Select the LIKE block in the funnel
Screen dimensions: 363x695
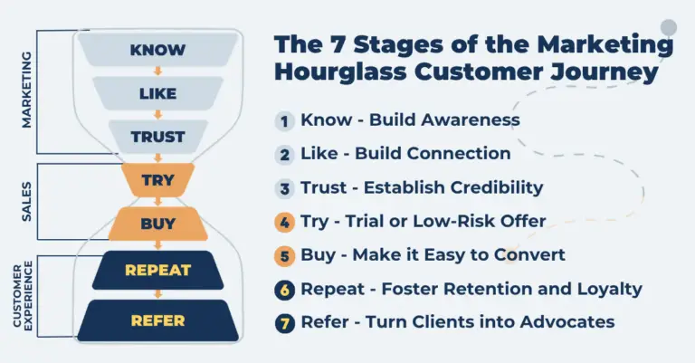[157, 92]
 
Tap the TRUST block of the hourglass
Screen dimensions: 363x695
[157, 137]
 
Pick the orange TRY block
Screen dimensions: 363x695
[157, 180]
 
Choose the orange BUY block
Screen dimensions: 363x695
[157, 223]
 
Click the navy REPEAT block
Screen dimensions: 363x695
[157, 270]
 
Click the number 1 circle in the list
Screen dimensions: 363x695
[285, 120]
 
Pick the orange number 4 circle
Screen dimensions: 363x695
[285, 221]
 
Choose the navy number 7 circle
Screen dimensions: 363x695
[285, 322]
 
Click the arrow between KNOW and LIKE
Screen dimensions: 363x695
[157, 71]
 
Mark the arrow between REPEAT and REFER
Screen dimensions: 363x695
[157, 294]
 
